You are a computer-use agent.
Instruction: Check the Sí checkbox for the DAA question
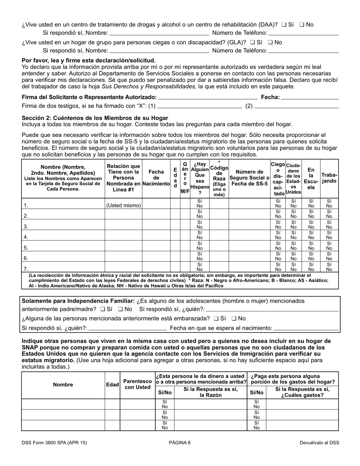(x=284, y=25)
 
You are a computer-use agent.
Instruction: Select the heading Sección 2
(x=95, y=118)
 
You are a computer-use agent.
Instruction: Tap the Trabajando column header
(x=329, y=178)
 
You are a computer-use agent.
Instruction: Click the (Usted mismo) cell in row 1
(x=124, y=205)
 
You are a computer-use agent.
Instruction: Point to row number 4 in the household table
(x=26, y=237)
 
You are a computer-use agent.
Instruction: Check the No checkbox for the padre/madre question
(x=121, y=309)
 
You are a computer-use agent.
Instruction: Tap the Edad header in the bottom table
(x=112, y=385)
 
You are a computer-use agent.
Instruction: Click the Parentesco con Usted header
(x=138, y=384)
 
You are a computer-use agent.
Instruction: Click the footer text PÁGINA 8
(x=180, y=443)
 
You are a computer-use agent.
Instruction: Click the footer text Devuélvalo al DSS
(x=319, y=443)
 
